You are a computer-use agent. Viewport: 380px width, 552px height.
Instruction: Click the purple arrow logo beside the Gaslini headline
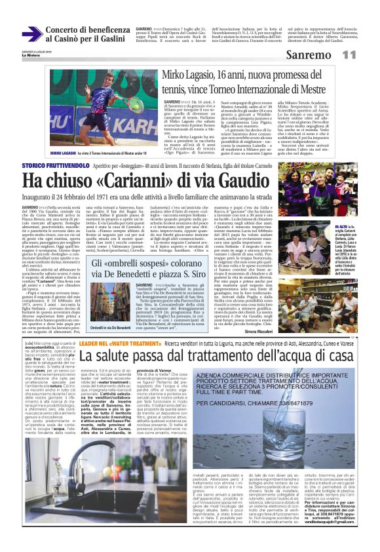click(32, 34)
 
